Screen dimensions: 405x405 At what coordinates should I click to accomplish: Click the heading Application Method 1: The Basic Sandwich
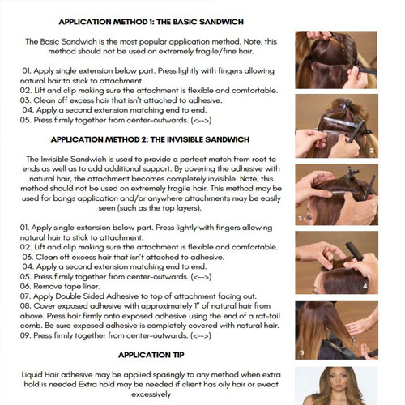(151, 22)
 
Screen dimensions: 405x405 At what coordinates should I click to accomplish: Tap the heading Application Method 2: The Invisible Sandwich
(150, 139)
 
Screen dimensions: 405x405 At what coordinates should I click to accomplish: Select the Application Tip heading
(151, 355)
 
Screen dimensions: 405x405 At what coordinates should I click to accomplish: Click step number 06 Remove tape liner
(60, 286)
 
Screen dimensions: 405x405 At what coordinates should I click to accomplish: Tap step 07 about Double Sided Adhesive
(139, 296)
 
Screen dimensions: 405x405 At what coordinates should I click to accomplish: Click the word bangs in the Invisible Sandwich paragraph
(64, 198)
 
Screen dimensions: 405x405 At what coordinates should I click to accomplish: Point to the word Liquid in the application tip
(32, 375)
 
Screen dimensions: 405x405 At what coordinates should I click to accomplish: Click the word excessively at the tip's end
(151, 394)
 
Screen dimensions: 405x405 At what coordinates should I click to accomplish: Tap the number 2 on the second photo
(372, 151)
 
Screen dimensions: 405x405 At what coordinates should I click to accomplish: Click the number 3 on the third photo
(300, 218)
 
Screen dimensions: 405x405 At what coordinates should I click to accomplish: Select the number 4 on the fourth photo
(365, 286)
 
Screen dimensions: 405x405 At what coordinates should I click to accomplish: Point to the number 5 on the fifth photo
(302, 352)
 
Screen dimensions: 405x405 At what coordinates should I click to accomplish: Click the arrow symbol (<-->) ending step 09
(201, 335)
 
